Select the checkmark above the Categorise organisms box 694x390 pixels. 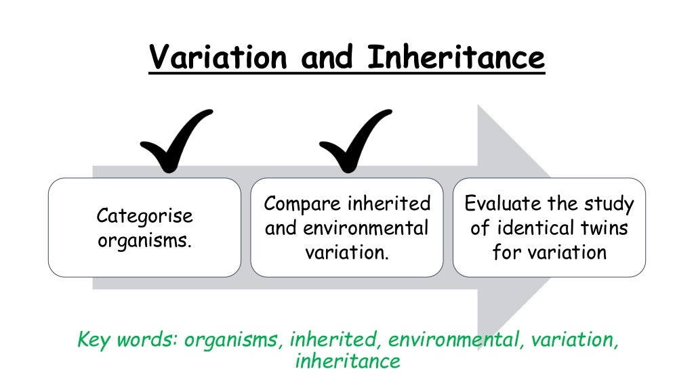(x=175, y=141)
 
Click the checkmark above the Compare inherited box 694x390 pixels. (x=354, y=141)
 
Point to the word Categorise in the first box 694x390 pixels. (x=144, y=216)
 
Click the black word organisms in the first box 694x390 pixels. (x=144, y=240)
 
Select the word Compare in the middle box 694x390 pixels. (x=302, y=204)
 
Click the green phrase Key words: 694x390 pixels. (x=128, y=339)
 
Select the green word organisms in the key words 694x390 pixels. (x=232, y=339)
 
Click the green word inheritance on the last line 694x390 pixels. (x=348, y=362)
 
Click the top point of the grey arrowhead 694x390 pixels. (x=479, y=106)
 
